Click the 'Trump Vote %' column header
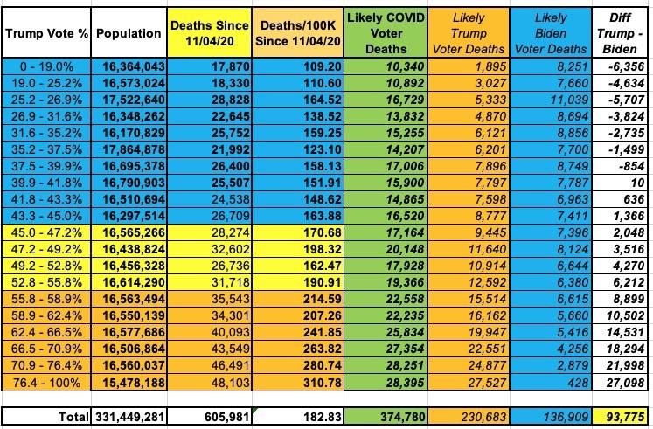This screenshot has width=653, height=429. [45, 33]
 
